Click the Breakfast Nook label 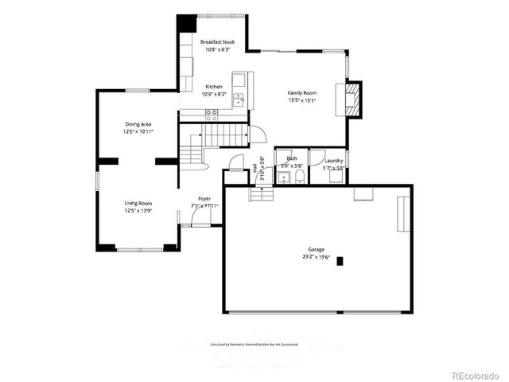point(217,41)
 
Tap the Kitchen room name point(215,86)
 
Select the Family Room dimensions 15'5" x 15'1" point(302,101)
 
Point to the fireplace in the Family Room point(352,98)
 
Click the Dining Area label point(138,124)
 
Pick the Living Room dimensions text point(138,211)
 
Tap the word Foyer point(204,198)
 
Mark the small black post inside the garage point(340,260)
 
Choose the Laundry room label point(333,160)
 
